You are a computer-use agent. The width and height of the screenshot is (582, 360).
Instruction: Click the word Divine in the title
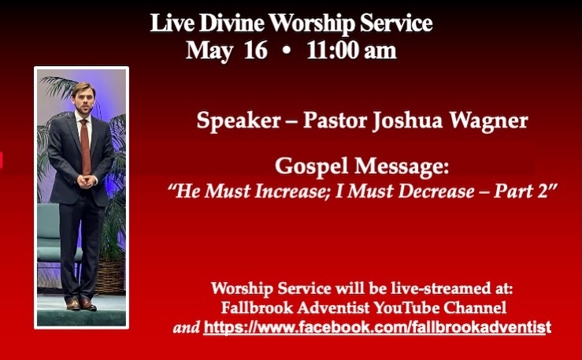[x=232, y=24]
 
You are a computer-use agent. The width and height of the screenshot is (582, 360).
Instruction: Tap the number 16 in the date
[x=255, y=50]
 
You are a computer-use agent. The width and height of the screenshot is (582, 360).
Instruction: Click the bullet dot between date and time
[x=286, y=51]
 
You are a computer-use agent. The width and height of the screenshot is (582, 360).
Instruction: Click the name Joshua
[x=407, y=121]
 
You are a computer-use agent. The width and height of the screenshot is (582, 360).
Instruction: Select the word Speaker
[x=239, y=121]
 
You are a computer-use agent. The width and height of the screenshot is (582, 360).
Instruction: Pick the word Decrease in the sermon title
[x=436, y=191]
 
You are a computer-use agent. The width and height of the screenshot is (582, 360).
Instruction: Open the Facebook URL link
[x=377, y=328]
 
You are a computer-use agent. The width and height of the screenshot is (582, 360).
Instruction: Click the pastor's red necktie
[x=85, y=147]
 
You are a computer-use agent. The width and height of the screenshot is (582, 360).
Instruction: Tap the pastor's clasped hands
[x=87, y=181]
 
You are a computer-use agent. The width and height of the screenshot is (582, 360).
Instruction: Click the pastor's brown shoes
[x=81, y=304]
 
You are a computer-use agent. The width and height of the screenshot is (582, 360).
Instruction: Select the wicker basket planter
[x=110, y=276]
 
